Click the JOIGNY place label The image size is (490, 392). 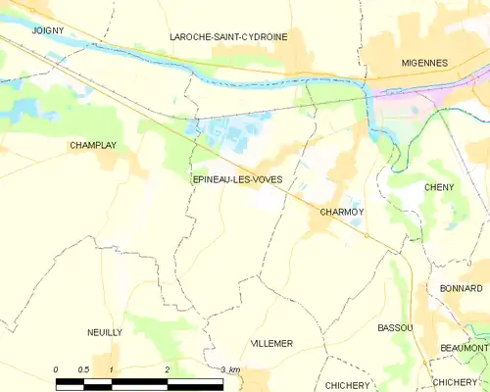tap(47, 31)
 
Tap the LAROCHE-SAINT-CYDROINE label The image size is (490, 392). tap(228, 36)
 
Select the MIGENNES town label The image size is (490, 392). tap(424, 63)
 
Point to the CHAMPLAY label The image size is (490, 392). tap(93, 145)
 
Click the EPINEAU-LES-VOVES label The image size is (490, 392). tap(232, 179)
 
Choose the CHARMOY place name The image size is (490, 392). tap(342, 211)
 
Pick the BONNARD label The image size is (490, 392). tap(462, 288)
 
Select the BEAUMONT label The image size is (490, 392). tap(465, 348)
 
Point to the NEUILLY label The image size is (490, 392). tap(104, 333)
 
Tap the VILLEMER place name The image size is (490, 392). tap(272, 344)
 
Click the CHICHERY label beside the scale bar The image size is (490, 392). tap(345, 385)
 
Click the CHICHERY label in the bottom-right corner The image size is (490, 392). tap(454, 382)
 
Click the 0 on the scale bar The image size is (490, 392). tap(56, 368)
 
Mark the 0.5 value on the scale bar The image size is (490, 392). tap(83, 368)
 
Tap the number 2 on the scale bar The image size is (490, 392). tap(168, 368)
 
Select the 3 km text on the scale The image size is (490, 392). tap(230, 368)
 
